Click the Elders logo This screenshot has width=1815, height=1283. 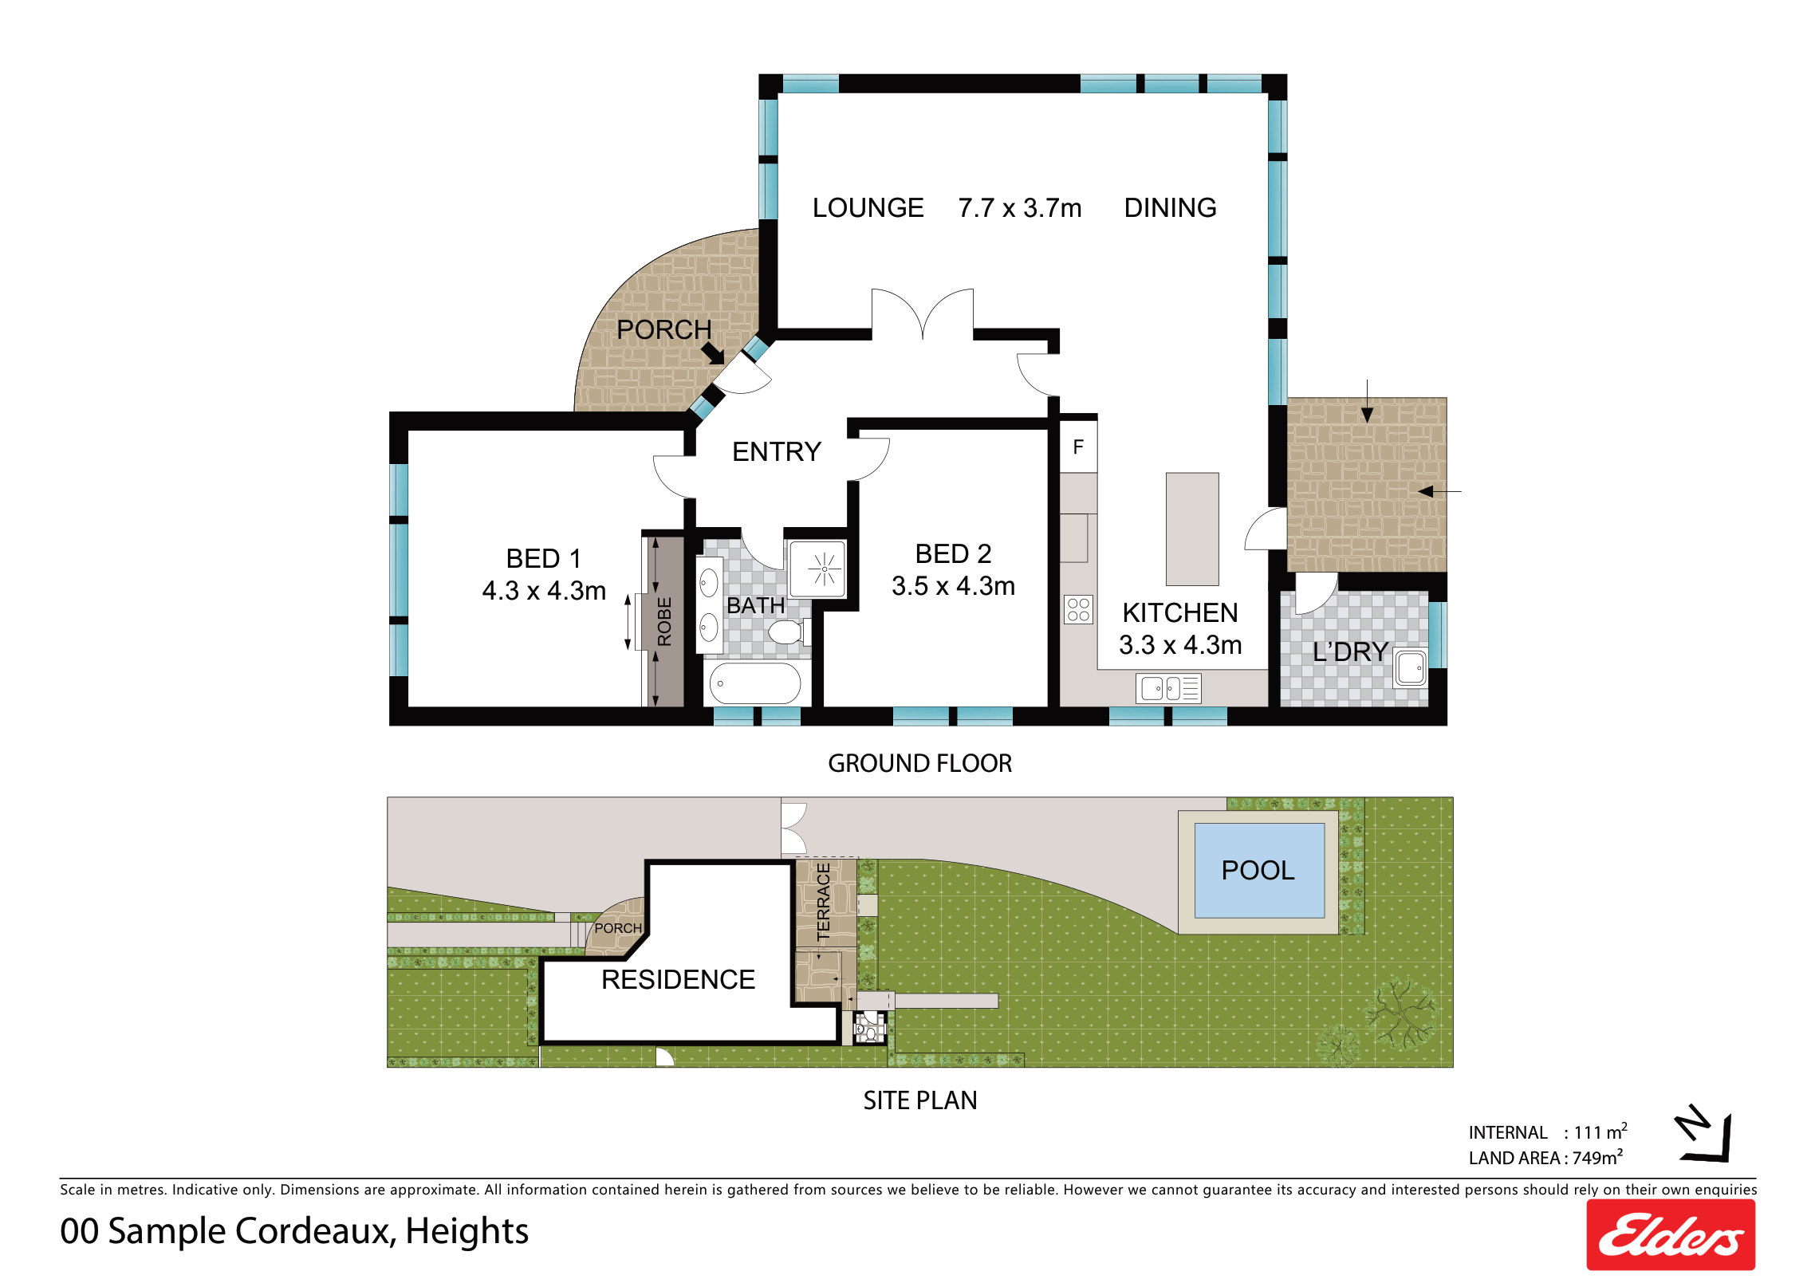tap(1670, 1234)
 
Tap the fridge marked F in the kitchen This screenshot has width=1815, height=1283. tap(1078, 447)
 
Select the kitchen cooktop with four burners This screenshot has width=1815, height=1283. tap(1078, 610)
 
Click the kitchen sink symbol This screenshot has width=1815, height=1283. tap(1168, 688)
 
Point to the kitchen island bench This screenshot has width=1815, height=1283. tap(1192, 529)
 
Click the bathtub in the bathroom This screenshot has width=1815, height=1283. tap(754, 683)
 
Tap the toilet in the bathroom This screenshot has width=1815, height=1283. tap(789, 632)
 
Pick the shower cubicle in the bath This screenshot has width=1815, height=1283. tap(817, 569)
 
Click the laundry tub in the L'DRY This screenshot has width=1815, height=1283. tap(1410, 667)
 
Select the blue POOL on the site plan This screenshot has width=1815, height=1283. tap(1259, 871)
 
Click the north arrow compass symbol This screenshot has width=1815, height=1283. tap(1705, 1133)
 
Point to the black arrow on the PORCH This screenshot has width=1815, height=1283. tap(713, 353)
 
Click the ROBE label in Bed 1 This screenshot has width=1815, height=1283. tap(664, 621)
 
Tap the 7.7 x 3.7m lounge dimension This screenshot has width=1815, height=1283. tap(1020, 208)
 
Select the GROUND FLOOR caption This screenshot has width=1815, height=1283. tap(919, 763)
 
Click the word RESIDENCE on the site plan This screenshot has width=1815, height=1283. tap(678, 979)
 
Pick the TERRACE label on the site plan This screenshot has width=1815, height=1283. tap(824, 902)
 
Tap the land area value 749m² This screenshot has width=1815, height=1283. tap(1598, 1157)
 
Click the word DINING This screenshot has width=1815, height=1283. tap(1170, 208)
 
